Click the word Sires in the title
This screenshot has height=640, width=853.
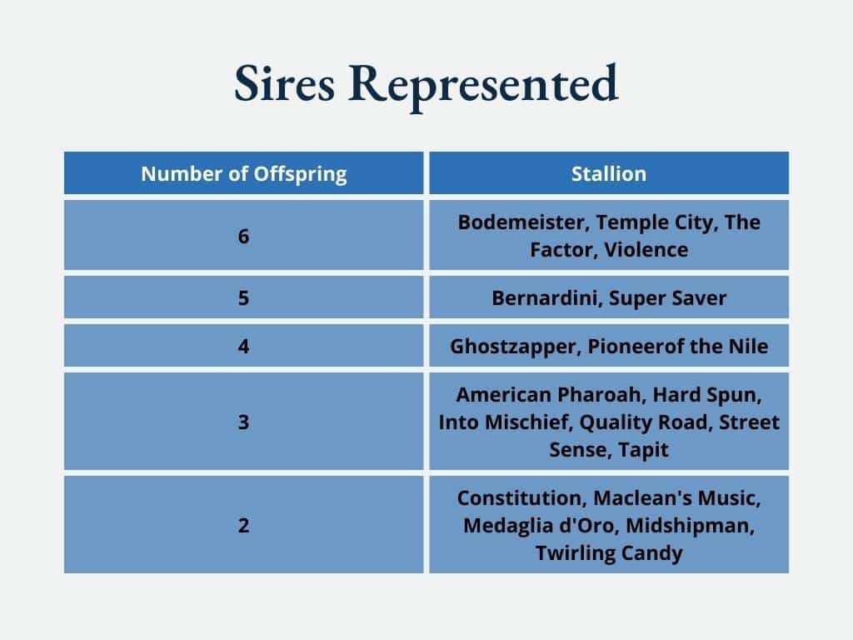(x=284, y=82)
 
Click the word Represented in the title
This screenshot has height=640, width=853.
(x=483, y=86)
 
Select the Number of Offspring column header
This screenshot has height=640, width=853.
(x=244, y=174)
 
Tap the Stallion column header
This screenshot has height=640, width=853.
(x=609, y=173)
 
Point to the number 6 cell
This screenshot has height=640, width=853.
(x=243, y=236)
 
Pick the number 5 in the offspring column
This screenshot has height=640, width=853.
(x=243, y=297)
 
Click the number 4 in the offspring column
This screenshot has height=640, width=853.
(x=243, y=346)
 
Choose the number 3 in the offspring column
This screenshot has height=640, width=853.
(x=243, y=422)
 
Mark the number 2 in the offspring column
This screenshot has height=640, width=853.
(x=243, y=525)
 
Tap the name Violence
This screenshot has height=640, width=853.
(x=646, y=250)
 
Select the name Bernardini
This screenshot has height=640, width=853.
(x=547, y=298)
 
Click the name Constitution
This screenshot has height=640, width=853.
(x=521, y=498)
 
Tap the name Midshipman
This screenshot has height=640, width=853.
(x=690, y=526)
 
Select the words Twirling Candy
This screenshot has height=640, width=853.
(x=609, y=553)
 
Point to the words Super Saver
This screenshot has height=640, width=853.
(x=667, y=298)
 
